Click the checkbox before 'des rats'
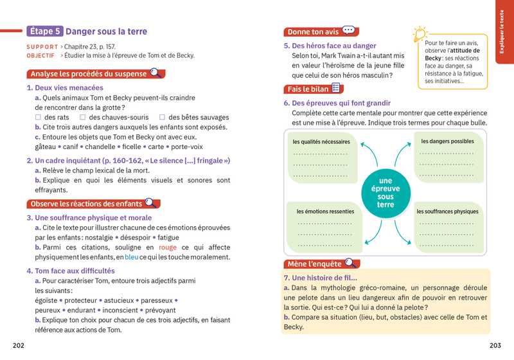pyautogui.click(x=39, y=117)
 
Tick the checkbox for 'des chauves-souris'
pyautogui.click(x=83, y=117)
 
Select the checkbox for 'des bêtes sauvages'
pyautogui.click(x=163, y=117)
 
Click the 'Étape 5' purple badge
pyautogui.click(x=46, y=31)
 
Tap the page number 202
pyautogui.click(x=19, y=345)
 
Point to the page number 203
pyautogui.click(x=495, y=345)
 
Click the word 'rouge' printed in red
pyautogui.click(x=167, y=248)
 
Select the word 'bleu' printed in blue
pyautogui.click(x=132, y=257)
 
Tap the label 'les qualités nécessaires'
pyautogui.click(x=321, y=141)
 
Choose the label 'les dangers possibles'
pyautogui.click(x=447, y=141)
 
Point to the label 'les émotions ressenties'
pyautogui.click(x=325, y=211)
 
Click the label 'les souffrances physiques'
pyautogui.click(x=447, y=211)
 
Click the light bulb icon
pyautogui.click(x=419, y=33)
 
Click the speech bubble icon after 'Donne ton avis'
pyautogui.click(x=348, y=30)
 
